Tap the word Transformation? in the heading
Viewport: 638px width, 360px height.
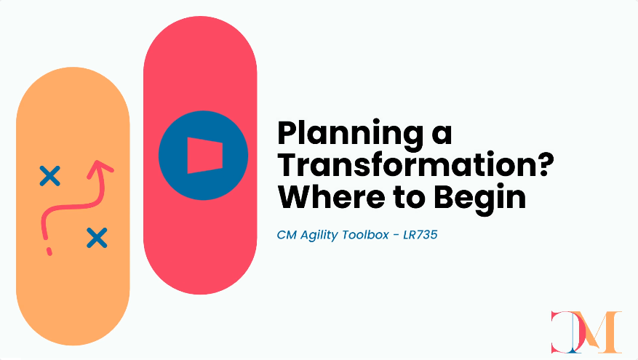(415, 164)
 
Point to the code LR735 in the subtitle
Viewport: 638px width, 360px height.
(420, 235)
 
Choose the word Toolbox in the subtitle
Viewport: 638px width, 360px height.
(365, 235)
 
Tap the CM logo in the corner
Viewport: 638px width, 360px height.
(586, 332)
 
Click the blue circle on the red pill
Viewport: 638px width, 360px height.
(203, 156)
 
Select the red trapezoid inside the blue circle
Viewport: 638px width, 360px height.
(204, 156)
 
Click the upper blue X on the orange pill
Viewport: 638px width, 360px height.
(50, 176)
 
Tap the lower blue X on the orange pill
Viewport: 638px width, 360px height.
(97, 238)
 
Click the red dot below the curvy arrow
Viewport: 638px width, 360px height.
(49, 252)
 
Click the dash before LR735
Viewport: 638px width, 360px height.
(396, 236)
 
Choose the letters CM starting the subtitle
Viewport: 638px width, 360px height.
(287, 235)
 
